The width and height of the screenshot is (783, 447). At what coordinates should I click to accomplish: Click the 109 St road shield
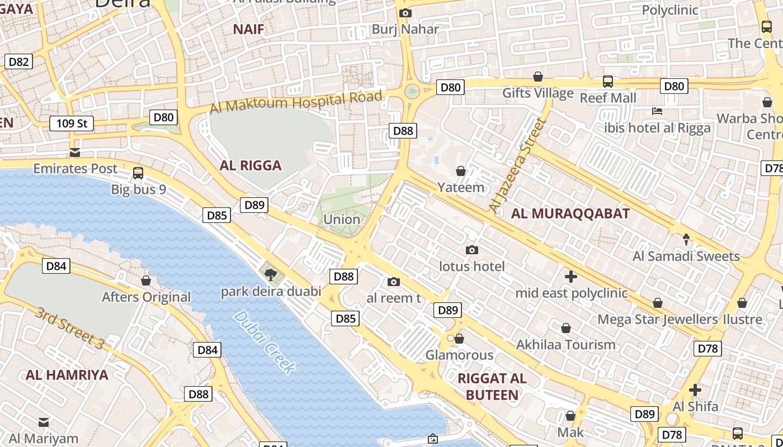tap(72, 123)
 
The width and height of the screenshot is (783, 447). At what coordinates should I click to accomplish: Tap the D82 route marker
tap(18, 61)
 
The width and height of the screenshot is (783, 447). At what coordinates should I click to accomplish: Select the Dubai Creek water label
tap(265, 342)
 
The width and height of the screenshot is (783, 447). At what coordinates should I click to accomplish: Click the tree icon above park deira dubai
tap(271, 274)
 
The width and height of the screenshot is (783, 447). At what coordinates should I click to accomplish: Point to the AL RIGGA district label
tap(250, 165)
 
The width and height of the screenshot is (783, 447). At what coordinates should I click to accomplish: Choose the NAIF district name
tap(248, 30)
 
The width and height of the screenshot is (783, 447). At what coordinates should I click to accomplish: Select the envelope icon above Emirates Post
tap(74, 153)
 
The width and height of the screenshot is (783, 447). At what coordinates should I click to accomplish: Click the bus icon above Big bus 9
tap(138, 173)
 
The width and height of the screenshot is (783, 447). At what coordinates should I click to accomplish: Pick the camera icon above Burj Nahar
tap(405, 13)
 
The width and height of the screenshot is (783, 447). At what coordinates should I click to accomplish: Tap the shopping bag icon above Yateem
tap(461, 171)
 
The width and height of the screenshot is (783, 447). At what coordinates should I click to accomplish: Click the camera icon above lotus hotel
tap(472, 250)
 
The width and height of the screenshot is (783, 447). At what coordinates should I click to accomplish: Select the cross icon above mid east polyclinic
tap(570, 277)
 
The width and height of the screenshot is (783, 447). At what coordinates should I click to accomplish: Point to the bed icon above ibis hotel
tap(657, 111)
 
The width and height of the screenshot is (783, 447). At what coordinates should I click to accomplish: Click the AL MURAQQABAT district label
tap(570, 213)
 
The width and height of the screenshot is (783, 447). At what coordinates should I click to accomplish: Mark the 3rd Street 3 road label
tap(70, 329)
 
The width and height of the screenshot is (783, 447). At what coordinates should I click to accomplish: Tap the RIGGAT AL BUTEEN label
tap(492, 387)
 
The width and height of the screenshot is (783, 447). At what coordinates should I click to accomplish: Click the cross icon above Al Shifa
tap(695, 389)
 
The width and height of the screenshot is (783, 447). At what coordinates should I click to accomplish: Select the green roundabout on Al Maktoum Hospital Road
tap(412, 91)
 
